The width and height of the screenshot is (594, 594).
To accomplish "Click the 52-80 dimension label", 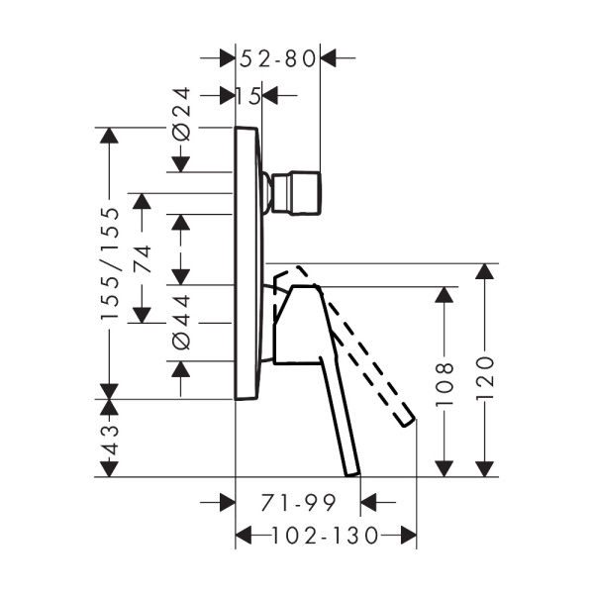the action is [x=277, y=59].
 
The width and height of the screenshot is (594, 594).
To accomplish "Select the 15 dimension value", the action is [x=248, y=96].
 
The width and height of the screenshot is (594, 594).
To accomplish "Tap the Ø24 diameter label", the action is [x=181, y=114].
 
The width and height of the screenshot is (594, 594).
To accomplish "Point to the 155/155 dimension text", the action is [x=110, y=263].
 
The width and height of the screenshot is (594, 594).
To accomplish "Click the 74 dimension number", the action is [x=142, y=259].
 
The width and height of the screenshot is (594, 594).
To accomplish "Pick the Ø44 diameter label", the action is [x=181, y=323].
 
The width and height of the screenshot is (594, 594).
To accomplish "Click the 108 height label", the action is [x=444, y=384].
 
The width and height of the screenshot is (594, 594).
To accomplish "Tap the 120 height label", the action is [x=484, y=377].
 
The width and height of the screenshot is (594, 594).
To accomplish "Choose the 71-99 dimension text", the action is [x=299, y=503].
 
